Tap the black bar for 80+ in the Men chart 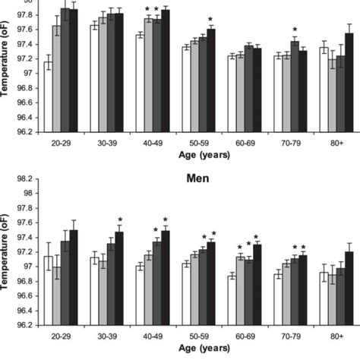point(349,288)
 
